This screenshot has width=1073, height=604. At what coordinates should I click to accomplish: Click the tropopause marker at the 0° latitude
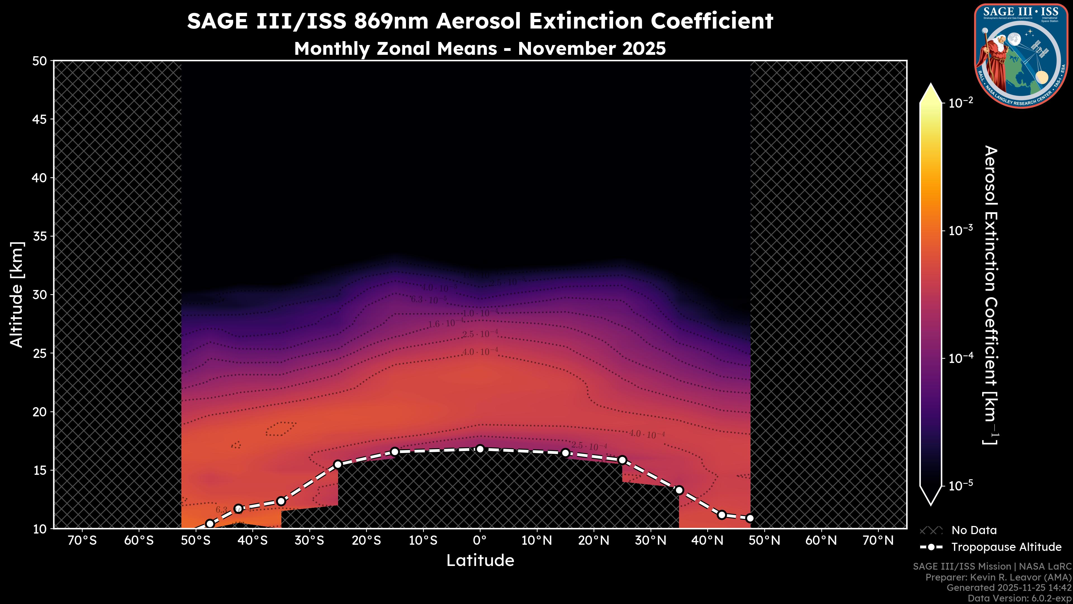(x=480, y=449)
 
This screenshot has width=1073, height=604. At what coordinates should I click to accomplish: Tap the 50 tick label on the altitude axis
(x=40, y=61)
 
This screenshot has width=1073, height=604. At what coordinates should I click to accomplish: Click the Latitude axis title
(x=480, y=561)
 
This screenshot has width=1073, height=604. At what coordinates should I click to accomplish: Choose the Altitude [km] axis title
(x=17, y=294)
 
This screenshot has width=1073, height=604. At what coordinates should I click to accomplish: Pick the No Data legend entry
(x=974, y=530)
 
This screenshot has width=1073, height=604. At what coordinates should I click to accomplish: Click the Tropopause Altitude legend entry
(x=1006, y=547)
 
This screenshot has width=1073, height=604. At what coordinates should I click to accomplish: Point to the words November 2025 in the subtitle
(x=592, y=49)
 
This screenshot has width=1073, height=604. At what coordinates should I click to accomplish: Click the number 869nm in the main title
(x=391, y=21)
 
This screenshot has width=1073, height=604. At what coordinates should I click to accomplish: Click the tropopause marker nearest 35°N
(x=679, y=490)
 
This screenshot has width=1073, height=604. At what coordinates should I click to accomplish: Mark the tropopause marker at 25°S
(x=338, y=464)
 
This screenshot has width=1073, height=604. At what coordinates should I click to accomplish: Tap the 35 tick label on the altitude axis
(x=40, y=236)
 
